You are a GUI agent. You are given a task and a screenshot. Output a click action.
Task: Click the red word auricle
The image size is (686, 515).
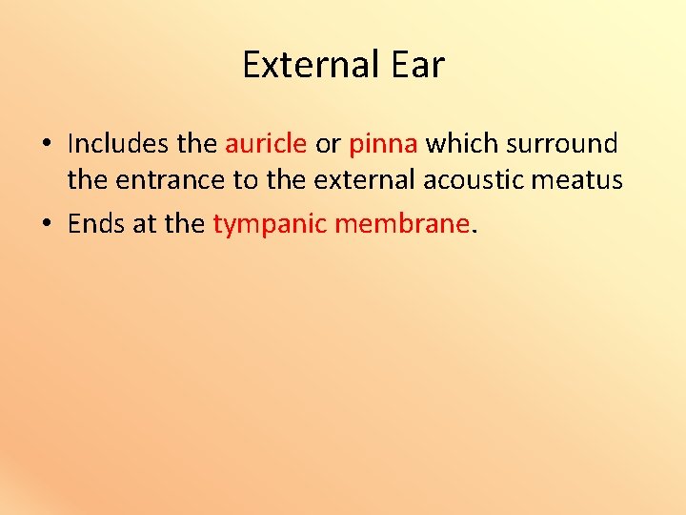[266, 144]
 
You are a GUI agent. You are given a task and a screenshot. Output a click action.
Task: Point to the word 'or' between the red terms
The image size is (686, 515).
[328, 145]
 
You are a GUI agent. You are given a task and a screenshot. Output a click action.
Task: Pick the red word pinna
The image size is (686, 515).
[383, 144]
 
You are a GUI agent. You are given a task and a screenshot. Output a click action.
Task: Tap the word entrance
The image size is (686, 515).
[165, 179]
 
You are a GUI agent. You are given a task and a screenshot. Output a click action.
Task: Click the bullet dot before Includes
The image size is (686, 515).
[47, 145]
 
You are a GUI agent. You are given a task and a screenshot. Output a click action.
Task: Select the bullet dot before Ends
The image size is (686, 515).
[47, 225]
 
